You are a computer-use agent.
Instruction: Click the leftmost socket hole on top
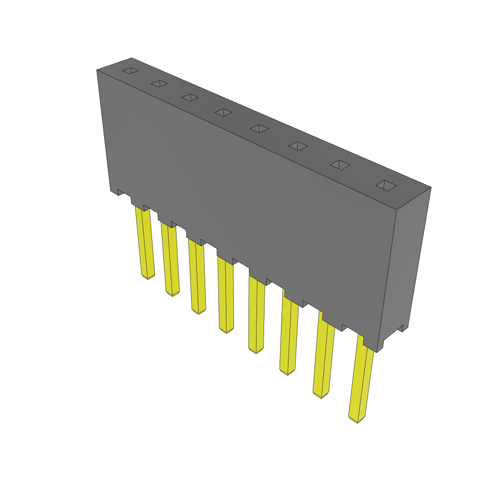130,71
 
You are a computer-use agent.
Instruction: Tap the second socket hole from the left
159,84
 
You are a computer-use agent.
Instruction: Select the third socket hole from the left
190,97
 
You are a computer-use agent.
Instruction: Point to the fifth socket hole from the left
259,128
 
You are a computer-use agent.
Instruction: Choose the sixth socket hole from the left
298,145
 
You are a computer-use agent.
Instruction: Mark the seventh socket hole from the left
340,165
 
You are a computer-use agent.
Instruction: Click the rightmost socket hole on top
386,185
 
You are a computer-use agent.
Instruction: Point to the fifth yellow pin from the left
256,315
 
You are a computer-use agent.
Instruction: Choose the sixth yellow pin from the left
288,337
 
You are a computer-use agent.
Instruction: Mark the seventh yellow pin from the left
322,358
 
